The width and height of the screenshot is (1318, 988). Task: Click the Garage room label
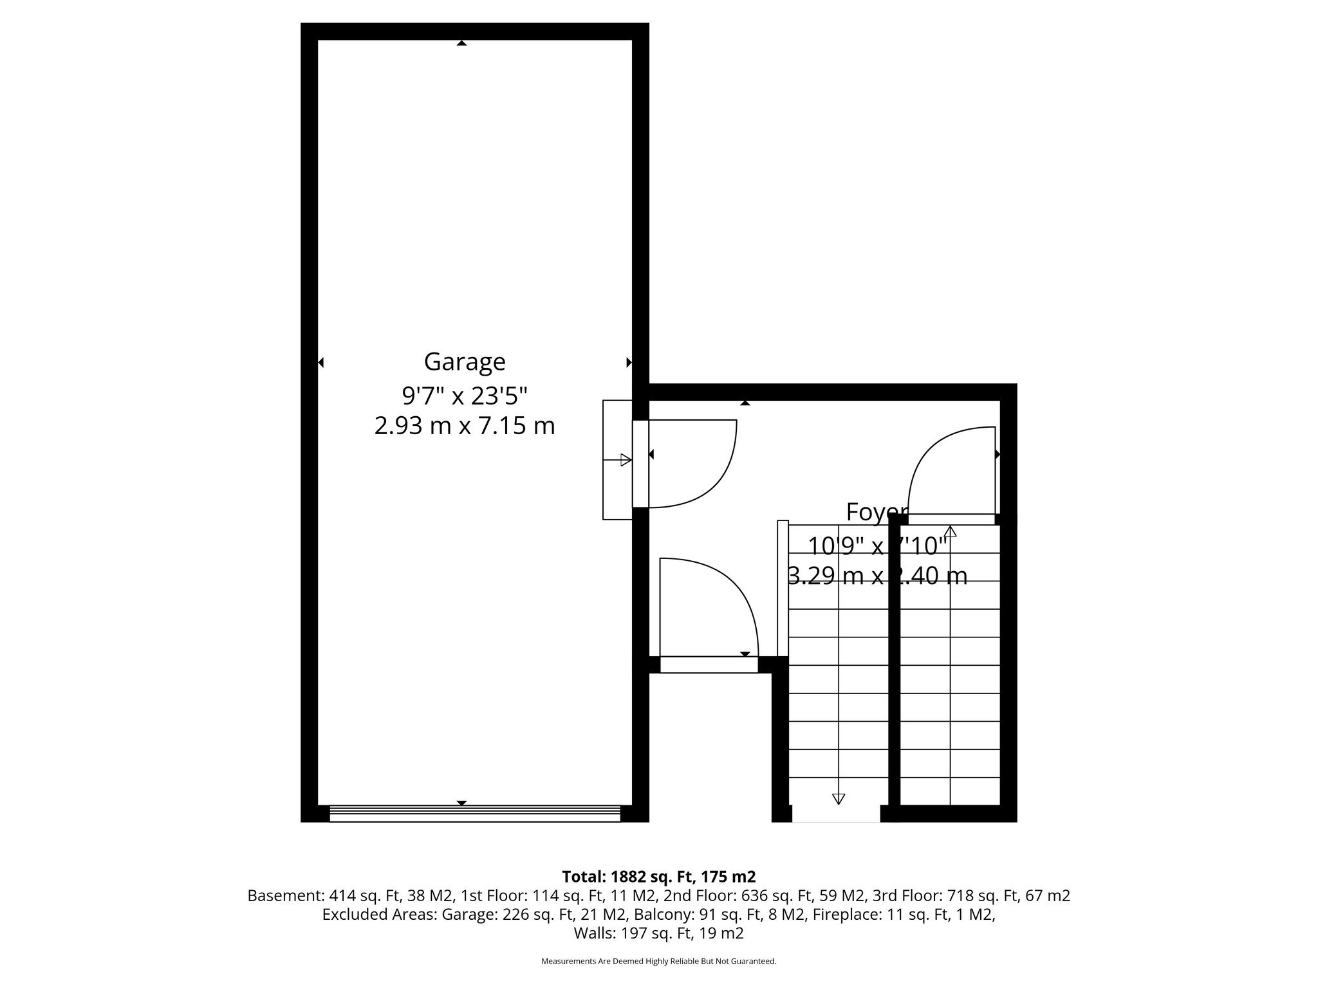coord(464,362)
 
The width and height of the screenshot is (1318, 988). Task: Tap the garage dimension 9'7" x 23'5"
coord(465,395)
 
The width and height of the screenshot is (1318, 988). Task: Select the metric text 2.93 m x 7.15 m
coord(464,425)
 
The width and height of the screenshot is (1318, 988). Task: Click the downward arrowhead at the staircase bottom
coord(838,798)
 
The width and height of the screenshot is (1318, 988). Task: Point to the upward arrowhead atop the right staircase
coord(950,531)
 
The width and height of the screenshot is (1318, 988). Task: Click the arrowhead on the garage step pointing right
coord(625,460)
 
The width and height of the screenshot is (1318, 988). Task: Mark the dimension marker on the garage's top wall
coord(461,43)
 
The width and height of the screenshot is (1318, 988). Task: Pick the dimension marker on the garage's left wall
coord(320,363)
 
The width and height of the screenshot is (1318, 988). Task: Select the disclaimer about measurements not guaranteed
coord(658,961)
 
